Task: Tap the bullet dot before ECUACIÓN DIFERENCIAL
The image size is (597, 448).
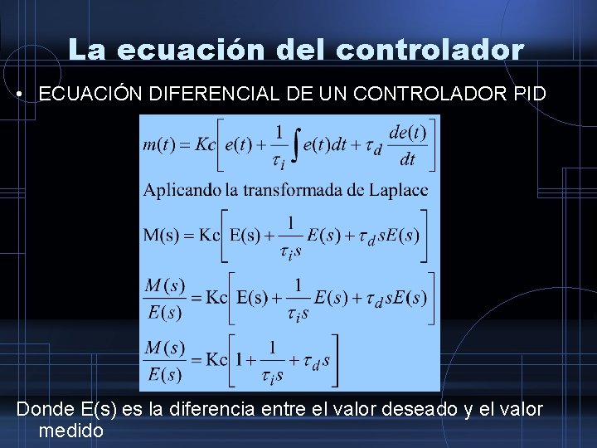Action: click(18, 94)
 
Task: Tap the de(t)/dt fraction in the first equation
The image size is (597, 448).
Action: click(406, 145)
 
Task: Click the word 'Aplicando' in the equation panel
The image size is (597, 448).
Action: click(182, 190)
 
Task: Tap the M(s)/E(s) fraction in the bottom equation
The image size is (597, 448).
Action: click(163, 361)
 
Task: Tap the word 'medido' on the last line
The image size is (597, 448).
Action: click(70, 431)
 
